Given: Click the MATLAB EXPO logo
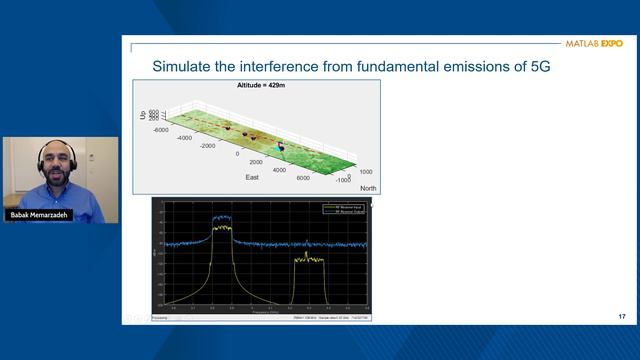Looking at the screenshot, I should click(x=593, y=44).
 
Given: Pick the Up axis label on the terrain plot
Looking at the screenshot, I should click(x=142, y=118).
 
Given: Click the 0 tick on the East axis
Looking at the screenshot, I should click(x=238, y=155).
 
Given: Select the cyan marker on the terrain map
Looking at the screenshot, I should click(x=281, y=147).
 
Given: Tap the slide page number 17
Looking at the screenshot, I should click(x=622, y=317).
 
